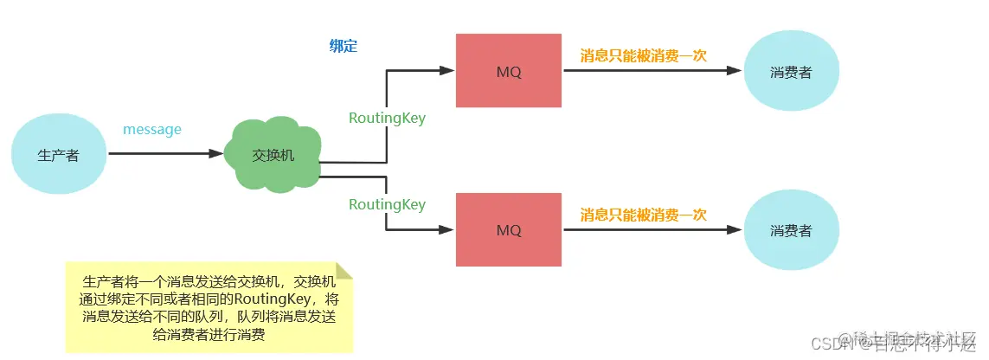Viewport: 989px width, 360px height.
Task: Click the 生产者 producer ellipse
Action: pos(59,155)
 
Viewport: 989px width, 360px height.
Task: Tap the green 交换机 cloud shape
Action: pos(273,155)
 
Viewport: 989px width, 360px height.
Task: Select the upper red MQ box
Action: pos(509,71)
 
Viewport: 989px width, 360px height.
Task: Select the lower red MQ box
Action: pos(509,230)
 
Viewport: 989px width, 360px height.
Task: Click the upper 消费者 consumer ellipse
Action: pos(790,72)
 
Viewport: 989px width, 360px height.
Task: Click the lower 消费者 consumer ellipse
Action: pos(790,231)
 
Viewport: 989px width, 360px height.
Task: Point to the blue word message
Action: pos(152,130)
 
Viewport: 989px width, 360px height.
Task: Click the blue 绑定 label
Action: pos(343,47)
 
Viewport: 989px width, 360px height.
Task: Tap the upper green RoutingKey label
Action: pos(387,119)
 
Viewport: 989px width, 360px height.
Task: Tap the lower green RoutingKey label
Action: pos(387,204)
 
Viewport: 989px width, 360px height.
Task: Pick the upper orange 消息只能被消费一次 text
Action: pos(643,55)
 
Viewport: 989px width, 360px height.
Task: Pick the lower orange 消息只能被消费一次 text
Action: pos(643,215)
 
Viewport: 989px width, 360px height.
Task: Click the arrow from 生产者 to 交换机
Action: pos(164,154)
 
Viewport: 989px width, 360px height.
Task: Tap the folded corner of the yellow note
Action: pos(344,271)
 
